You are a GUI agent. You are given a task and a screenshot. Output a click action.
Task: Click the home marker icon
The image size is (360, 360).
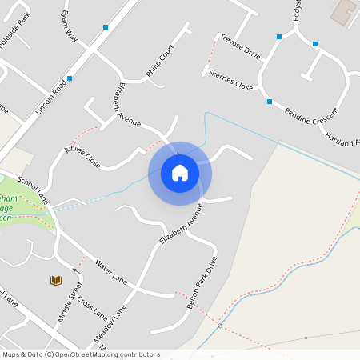(180, 172)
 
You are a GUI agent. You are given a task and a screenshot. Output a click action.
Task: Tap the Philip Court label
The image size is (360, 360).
(160, 63)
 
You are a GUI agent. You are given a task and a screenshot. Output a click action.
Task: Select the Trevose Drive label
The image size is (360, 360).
(241, 46)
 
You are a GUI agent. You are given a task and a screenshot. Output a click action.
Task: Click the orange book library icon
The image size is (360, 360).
(56, 280)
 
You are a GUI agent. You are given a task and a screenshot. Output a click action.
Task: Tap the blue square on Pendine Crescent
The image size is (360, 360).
(269, 102)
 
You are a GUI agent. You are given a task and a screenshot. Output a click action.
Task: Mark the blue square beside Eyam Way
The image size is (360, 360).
(106, 27)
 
